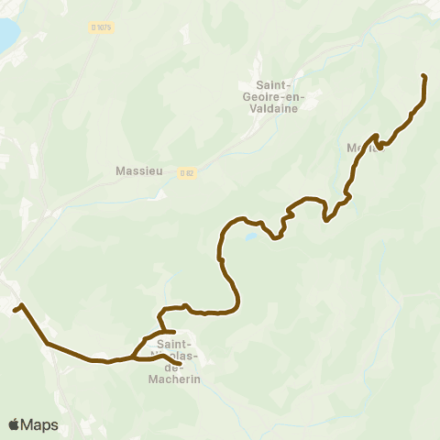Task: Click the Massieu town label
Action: point(139,170)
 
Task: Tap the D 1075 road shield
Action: point(101,28)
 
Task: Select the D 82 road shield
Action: point(187,171)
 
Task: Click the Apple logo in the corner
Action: point(14,424)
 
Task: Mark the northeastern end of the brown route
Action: point(423,76)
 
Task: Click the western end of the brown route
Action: point(15,310)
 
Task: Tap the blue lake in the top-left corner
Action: point(5,35)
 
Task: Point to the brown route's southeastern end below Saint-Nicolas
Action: point(179,364)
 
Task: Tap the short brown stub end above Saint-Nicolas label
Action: point(174,331)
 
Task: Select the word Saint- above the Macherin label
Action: point(175,344)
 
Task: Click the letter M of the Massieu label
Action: point(121,170)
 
